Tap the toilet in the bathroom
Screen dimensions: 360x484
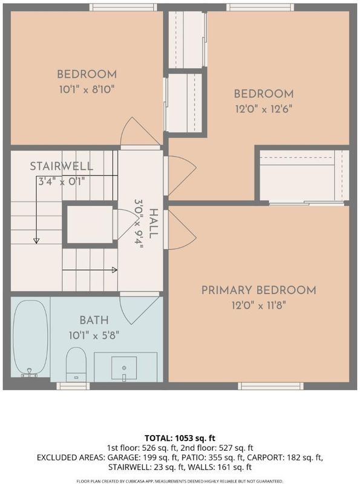pyautogui.click(x=76, y=364)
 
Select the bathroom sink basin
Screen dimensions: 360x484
pyautogui.click(x=124, y=368)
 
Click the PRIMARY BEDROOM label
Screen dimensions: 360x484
pyautogui.click(x=259, y=290)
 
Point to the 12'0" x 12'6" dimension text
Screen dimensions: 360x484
pyautogui.click(x=264, y=109)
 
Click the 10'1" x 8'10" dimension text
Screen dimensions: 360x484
pyautogui.click(x=87, y=90)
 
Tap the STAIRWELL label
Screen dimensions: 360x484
pyautogui.click(x=62, y=166)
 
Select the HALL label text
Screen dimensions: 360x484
pyautogui.click(x=154, y=223)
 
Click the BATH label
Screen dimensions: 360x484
pyautogui.click(x=94, y=320)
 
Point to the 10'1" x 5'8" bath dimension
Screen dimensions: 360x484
pyautogui.click(x=94, y=335)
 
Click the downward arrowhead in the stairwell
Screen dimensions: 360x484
pyautogui.click(x=36, y=241)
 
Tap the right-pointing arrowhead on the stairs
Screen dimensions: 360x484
pyautogui.click(x=114, y=270)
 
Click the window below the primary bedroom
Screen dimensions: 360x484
pyautogui.click(x=270, y=386)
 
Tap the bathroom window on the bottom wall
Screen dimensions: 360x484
pyautogui.click(x=73, y=386)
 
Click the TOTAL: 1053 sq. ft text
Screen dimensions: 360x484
pyautogui.click(x=180, y=438)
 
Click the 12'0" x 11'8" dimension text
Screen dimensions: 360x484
pyautogui.click(x=259, y=306)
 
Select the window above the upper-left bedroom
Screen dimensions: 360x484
pyautogui.click(x=123, y=7)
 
